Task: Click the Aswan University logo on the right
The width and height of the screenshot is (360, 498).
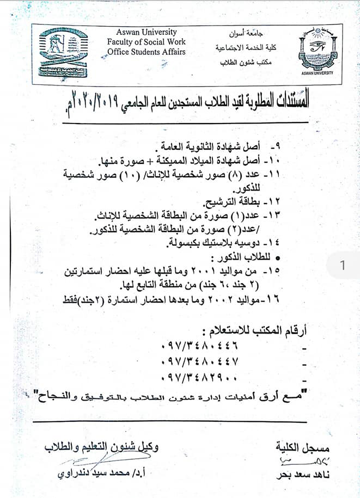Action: tap(316, 52)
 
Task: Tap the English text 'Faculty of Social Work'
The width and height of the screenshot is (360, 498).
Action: tap(147, 42)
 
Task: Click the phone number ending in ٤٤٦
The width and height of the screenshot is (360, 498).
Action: tap(200, 345)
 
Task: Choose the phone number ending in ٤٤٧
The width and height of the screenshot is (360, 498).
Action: tap(200, 361)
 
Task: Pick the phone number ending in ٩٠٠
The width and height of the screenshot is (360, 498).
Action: tap(200, 378)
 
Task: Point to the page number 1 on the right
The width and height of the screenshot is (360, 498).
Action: tap(342, 266)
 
